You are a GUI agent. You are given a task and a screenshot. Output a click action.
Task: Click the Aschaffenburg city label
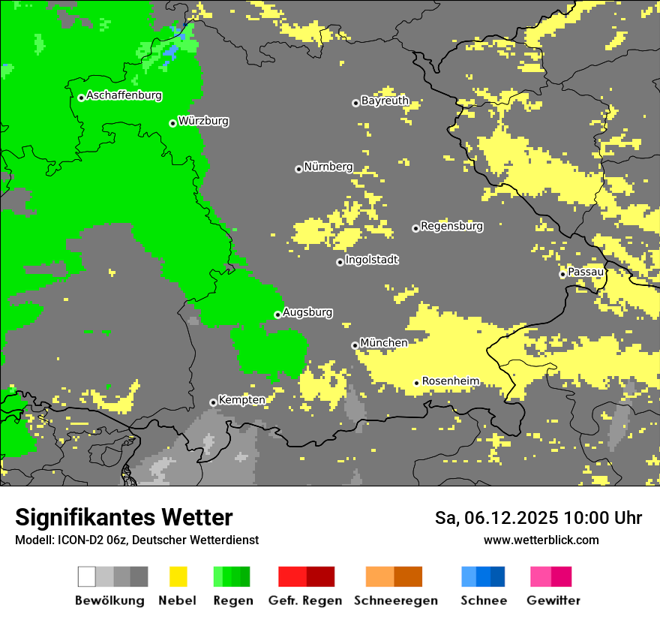point(124,96)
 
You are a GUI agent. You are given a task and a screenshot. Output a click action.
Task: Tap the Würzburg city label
point(203,122)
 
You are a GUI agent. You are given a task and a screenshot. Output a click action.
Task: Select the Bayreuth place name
point(385,101)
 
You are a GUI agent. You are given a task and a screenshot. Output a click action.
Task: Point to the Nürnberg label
point(328,167)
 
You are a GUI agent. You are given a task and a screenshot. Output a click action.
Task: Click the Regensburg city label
point(451,226)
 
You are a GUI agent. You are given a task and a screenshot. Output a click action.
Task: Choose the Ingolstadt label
point(371,260)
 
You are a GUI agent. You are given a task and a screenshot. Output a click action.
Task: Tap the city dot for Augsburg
point(277,315)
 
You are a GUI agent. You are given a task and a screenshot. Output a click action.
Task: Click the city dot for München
point(355,345)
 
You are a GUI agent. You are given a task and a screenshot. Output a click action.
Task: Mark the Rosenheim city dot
point(416,383)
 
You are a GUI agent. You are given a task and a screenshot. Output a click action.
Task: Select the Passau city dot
point(562,274)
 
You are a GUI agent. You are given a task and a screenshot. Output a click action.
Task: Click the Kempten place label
point(241,400)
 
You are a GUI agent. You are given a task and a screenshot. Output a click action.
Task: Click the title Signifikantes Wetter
point(124,518)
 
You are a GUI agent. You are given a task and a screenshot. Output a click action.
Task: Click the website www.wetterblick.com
point(541,540)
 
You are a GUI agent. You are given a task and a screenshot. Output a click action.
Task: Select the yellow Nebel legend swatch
point(178,576)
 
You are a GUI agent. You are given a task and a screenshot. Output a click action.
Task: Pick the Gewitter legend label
point(553,600)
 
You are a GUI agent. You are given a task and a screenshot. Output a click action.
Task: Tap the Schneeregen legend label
point(396,600)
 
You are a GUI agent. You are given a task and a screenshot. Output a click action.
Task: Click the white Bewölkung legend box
point(86,576)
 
